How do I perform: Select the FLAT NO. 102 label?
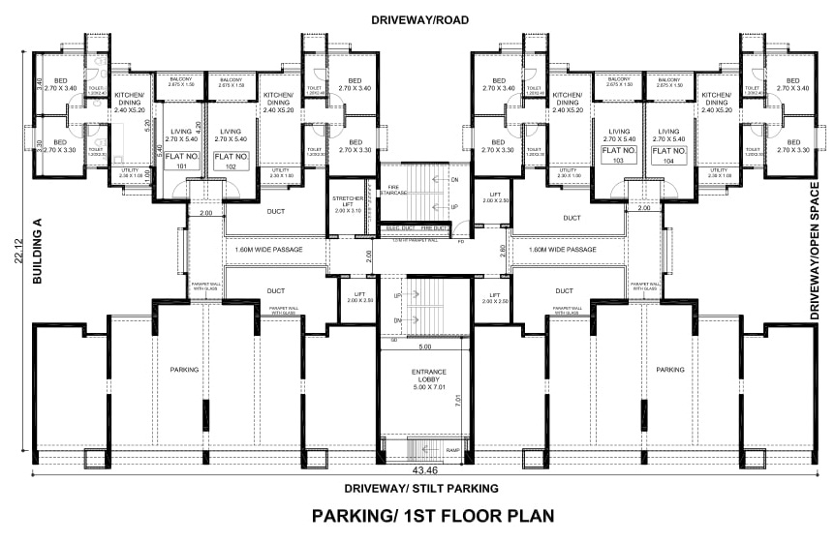[232, 160]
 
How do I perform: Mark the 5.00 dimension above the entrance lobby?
[423, 346]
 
